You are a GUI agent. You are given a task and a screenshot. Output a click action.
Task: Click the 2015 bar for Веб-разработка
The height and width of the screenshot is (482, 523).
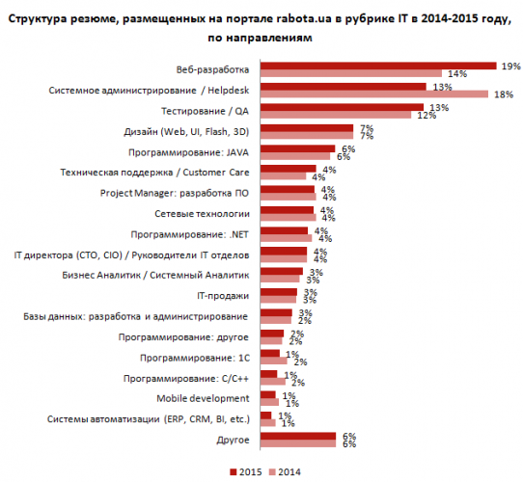pyautogui.click(x=378, y=66)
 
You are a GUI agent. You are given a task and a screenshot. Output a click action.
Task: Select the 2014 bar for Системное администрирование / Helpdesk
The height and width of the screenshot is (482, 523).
pyautogui.click(x=374, y=94)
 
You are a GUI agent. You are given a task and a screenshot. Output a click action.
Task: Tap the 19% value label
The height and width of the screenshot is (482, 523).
pyautogui.click(x=511, y=67)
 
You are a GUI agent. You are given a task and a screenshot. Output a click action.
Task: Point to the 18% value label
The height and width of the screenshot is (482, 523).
pyautogui.click(x=504, y=94)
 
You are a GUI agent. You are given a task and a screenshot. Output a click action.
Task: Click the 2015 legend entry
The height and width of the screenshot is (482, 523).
pyautogui.click(x=246, y=472)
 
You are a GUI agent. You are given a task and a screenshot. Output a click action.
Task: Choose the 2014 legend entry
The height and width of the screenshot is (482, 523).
pyautogui.click(x=285, y=472)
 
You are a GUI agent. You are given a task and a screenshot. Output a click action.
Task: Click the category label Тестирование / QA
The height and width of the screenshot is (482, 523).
pyautogui.click(x=205, y=111)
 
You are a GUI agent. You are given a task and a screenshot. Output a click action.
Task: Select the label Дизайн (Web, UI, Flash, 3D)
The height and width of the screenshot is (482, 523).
pyautogui.click(x=186, y=132)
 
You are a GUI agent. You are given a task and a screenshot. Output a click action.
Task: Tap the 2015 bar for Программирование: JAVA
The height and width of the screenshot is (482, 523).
pyautogui.click(x=297, y=148)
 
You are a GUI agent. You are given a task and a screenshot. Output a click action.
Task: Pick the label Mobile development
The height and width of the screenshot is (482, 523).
pyautogui.click(x=203, y=398)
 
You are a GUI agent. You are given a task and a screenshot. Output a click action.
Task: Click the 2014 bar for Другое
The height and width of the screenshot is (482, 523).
pyautogui.click(x=298, y=443)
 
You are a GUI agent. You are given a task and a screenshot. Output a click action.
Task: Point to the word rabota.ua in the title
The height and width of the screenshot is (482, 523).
pyautogui.click(x=304, y=18)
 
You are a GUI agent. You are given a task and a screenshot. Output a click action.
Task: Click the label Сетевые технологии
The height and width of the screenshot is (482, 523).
pyautogui.click(x=202, y=214)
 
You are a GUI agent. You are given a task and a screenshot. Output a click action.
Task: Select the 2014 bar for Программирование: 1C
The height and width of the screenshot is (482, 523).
pyautogui.click(x=274, y=361)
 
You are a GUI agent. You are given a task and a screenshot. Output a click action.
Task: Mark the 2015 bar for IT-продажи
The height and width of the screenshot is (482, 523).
pyautogui.click(x=279, y=292)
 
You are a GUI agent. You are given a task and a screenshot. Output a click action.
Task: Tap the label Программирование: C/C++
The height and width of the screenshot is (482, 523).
pyautogui.click(x=186, y=379)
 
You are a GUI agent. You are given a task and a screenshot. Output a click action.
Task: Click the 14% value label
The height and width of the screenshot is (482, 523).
pyautogui.click(x=457, y=74)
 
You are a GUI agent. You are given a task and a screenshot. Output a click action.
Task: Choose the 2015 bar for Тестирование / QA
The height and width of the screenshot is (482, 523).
pyautogui.click(x=342, y=107)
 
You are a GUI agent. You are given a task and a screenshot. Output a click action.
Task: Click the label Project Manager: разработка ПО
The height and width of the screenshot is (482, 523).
pyautogui.click(x=175, y=194)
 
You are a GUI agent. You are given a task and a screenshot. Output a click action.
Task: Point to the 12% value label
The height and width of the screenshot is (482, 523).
pyautogui.click(x=427, y=116)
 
